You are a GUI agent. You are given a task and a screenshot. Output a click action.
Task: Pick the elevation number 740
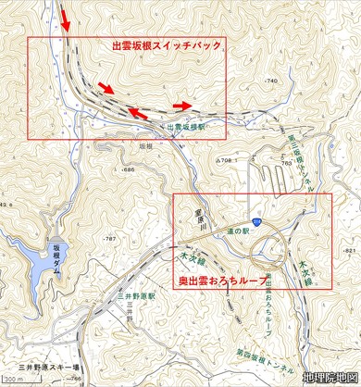click(271, 82)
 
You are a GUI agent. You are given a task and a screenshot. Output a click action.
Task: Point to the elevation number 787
click(108, 239)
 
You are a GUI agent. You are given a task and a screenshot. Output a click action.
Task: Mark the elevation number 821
click(348, 250)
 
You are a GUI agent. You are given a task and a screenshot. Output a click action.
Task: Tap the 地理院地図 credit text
click(330, 377)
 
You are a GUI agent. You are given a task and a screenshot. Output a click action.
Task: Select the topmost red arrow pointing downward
click(63, 19)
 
